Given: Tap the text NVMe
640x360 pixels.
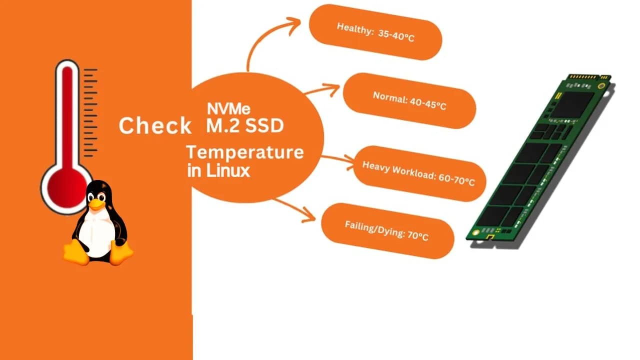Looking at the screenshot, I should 228,108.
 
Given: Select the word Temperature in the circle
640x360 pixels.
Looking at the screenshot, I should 245,152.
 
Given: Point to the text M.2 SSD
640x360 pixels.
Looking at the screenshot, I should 245,125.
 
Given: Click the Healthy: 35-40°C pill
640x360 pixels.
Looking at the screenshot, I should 375,32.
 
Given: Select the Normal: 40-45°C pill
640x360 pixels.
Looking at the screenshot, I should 409,100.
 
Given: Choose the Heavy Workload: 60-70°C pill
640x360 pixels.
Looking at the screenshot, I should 418,173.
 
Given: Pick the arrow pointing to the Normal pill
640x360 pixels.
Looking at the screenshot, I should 322,90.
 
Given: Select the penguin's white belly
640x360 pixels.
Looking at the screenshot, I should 97,232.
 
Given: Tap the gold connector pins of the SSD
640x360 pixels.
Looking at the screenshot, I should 590,77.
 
